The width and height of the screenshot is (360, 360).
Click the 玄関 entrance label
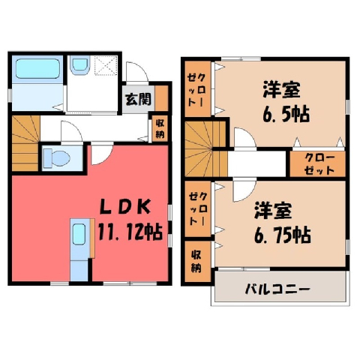coord(138,99)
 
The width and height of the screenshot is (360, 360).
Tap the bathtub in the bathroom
coord(37,68)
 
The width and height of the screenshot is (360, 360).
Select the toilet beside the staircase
coord(56,158)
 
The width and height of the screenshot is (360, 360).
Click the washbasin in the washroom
coord(79,65)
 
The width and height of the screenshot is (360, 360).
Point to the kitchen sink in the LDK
coord(79,234)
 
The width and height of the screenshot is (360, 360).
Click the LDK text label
coord(125,207)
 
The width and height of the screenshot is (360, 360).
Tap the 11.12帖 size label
coord(130,232)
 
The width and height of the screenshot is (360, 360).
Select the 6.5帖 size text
coord(286,114)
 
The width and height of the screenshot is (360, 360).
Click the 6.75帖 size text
coord(283,235)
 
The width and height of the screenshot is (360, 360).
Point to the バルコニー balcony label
coord(277,289)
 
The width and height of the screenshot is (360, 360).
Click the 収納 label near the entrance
coord(160,129)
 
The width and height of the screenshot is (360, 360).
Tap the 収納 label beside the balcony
coord(196,261)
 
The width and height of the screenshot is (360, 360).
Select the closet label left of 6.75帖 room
coord(198,209)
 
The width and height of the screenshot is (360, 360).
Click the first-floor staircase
coord(25,143)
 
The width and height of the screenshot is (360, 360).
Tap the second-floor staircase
coord(206,149)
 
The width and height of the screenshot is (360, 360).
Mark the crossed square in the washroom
coord(106,65)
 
